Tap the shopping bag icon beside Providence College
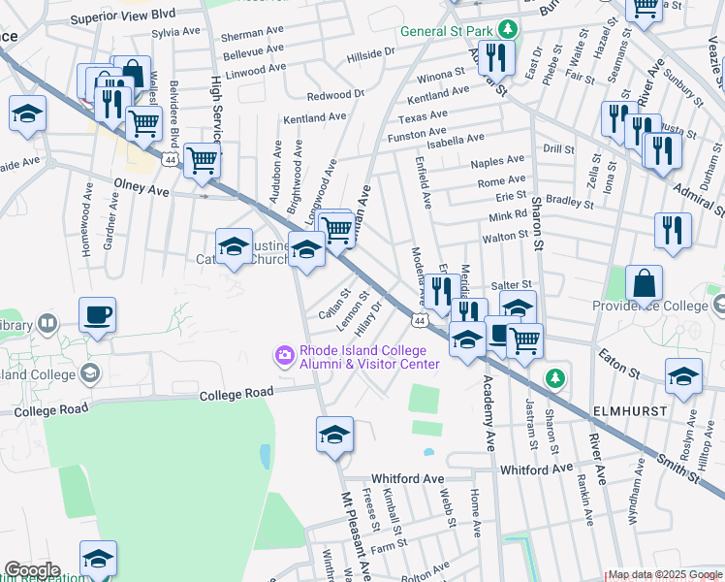click(644, 284)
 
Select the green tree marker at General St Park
click(505, 29)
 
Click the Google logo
click(32, 570)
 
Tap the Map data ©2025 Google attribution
click(665, 574)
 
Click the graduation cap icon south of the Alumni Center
click(334, 434)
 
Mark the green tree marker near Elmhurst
click(555, 377)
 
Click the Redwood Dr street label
click(334, 95)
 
